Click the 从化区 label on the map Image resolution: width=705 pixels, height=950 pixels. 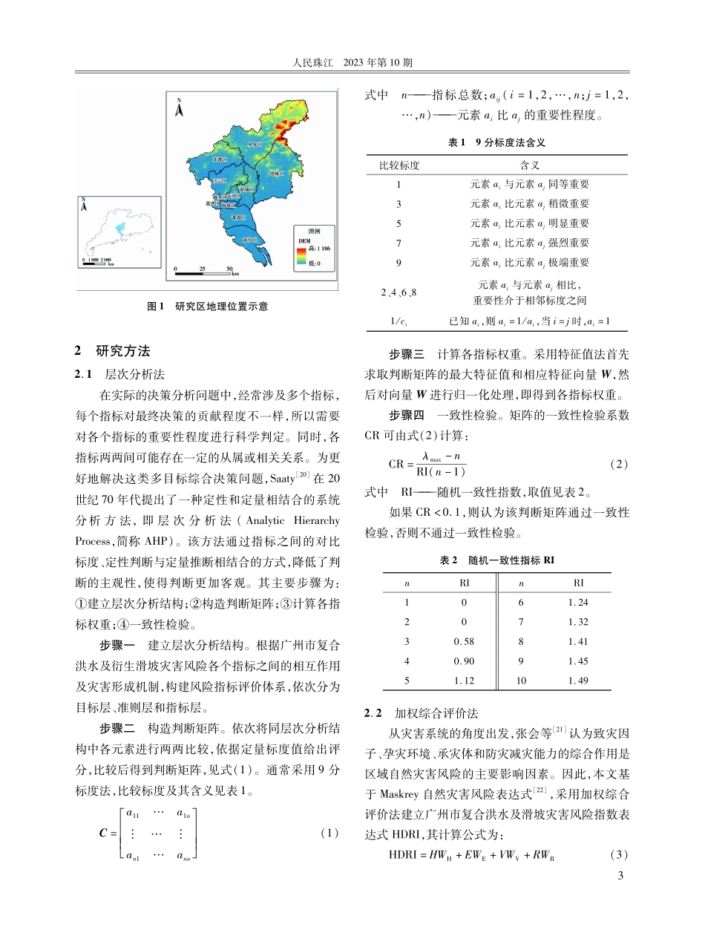pos(255,144)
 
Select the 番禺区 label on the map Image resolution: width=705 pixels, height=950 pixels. pos(239,217)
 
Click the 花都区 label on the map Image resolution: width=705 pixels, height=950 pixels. pos(218,159)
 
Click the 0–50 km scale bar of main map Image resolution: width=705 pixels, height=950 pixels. pos(203,272)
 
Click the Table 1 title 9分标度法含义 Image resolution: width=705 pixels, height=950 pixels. pos(496,142)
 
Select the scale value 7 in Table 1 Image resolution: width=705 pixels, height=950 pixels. pos(399,242)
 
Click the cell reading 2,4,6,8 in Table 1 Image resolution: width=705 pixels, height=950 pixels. pos(399,292)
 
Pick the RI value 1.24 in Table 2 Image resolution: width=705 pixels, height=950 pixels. pos(578,603)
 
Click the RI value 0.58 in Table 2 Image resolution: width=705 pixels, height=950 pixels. pos(465,641)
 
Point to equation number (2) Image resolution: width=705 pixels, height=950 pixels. pos(619,464)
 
